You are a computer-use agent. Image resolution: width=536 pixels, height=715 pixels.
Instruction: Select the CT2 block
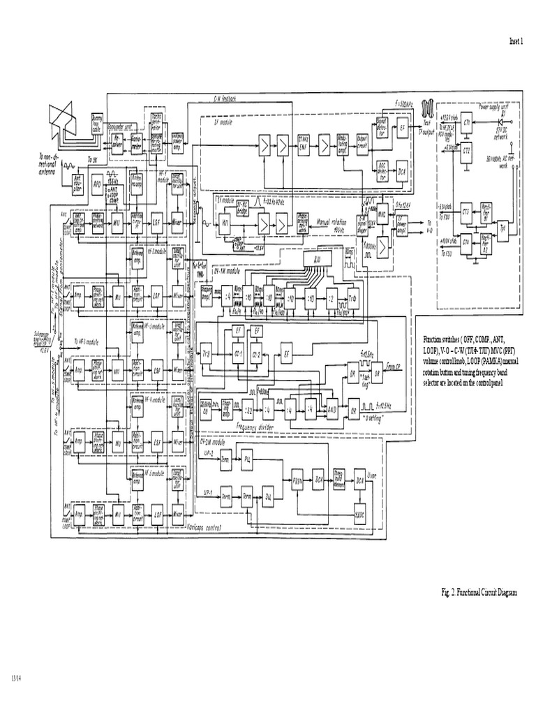pyautogui.click(x=467, y=150)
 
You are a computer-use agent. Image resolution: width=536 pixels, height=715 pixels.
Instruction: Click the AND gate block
pyautogui.click(x=332, y=410)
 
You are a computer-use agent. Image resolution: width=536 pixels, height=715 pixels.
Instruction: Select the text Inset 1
pyautogui.click(x=515, y=42)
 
